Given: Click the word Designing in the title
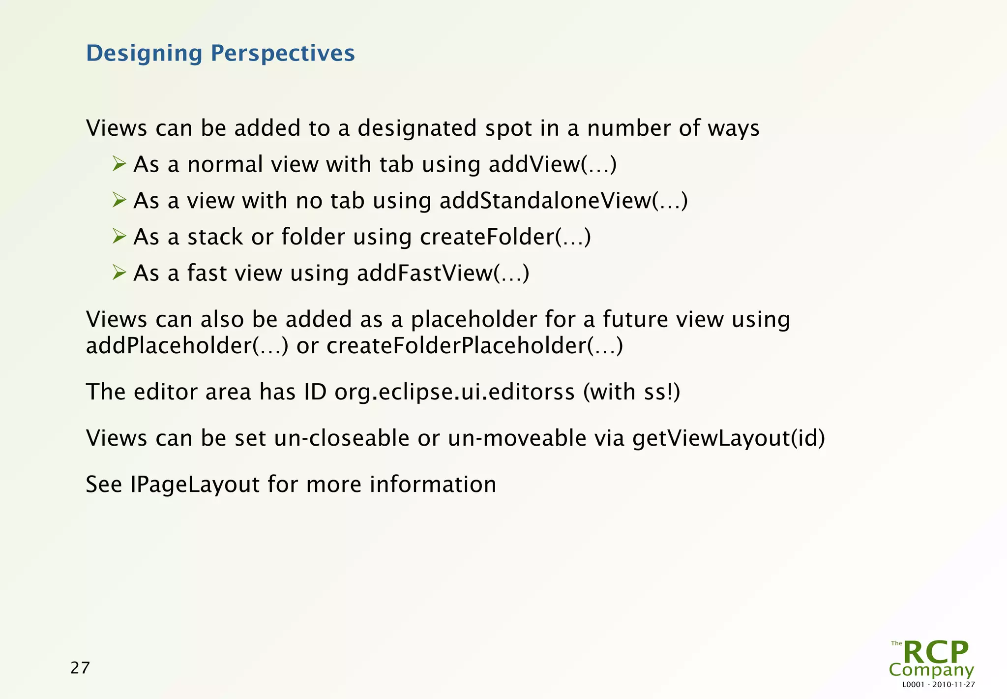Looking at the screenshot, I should (x=144, y=53).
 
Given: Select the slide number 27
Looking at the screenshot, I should (x=80, y=668).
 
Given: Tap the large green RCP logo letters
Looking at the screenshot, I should (x=936, y=652).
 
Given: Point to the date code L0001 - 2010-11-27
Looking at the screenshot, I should (x=938, y=685).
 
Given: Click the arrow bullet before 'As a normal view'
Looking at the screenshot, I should (x=119, y=163).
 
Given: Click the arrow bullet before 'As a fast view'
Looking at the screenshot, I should (x=119, y=272).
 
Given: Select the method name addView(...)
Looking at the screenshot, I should (x=552, y=164).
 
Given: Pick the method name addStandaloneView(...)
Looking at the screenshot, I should (x=563, y=201).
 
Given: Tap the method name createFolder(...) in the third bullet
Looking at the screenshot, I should (x=505, y=237).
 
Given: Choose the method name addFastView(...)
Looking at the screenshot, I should (x=443, y=274).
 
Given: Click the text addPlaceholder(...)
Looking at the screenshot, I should (x=187, y=346).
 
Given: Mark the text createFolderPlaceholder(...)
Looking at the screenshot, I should (x=474, y=346).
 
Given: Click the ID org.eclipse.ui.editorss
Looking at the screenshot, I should (x=454, y=393).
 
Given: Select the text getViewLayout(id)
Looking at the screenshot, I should (x=728, y=438).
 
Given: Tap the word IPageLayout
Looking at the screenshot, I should (x=195, y=485).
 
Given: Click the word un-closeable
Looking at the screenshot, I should (x=341, y=438).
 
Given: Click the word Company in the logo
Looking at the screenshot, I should (x=931, y=670).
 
